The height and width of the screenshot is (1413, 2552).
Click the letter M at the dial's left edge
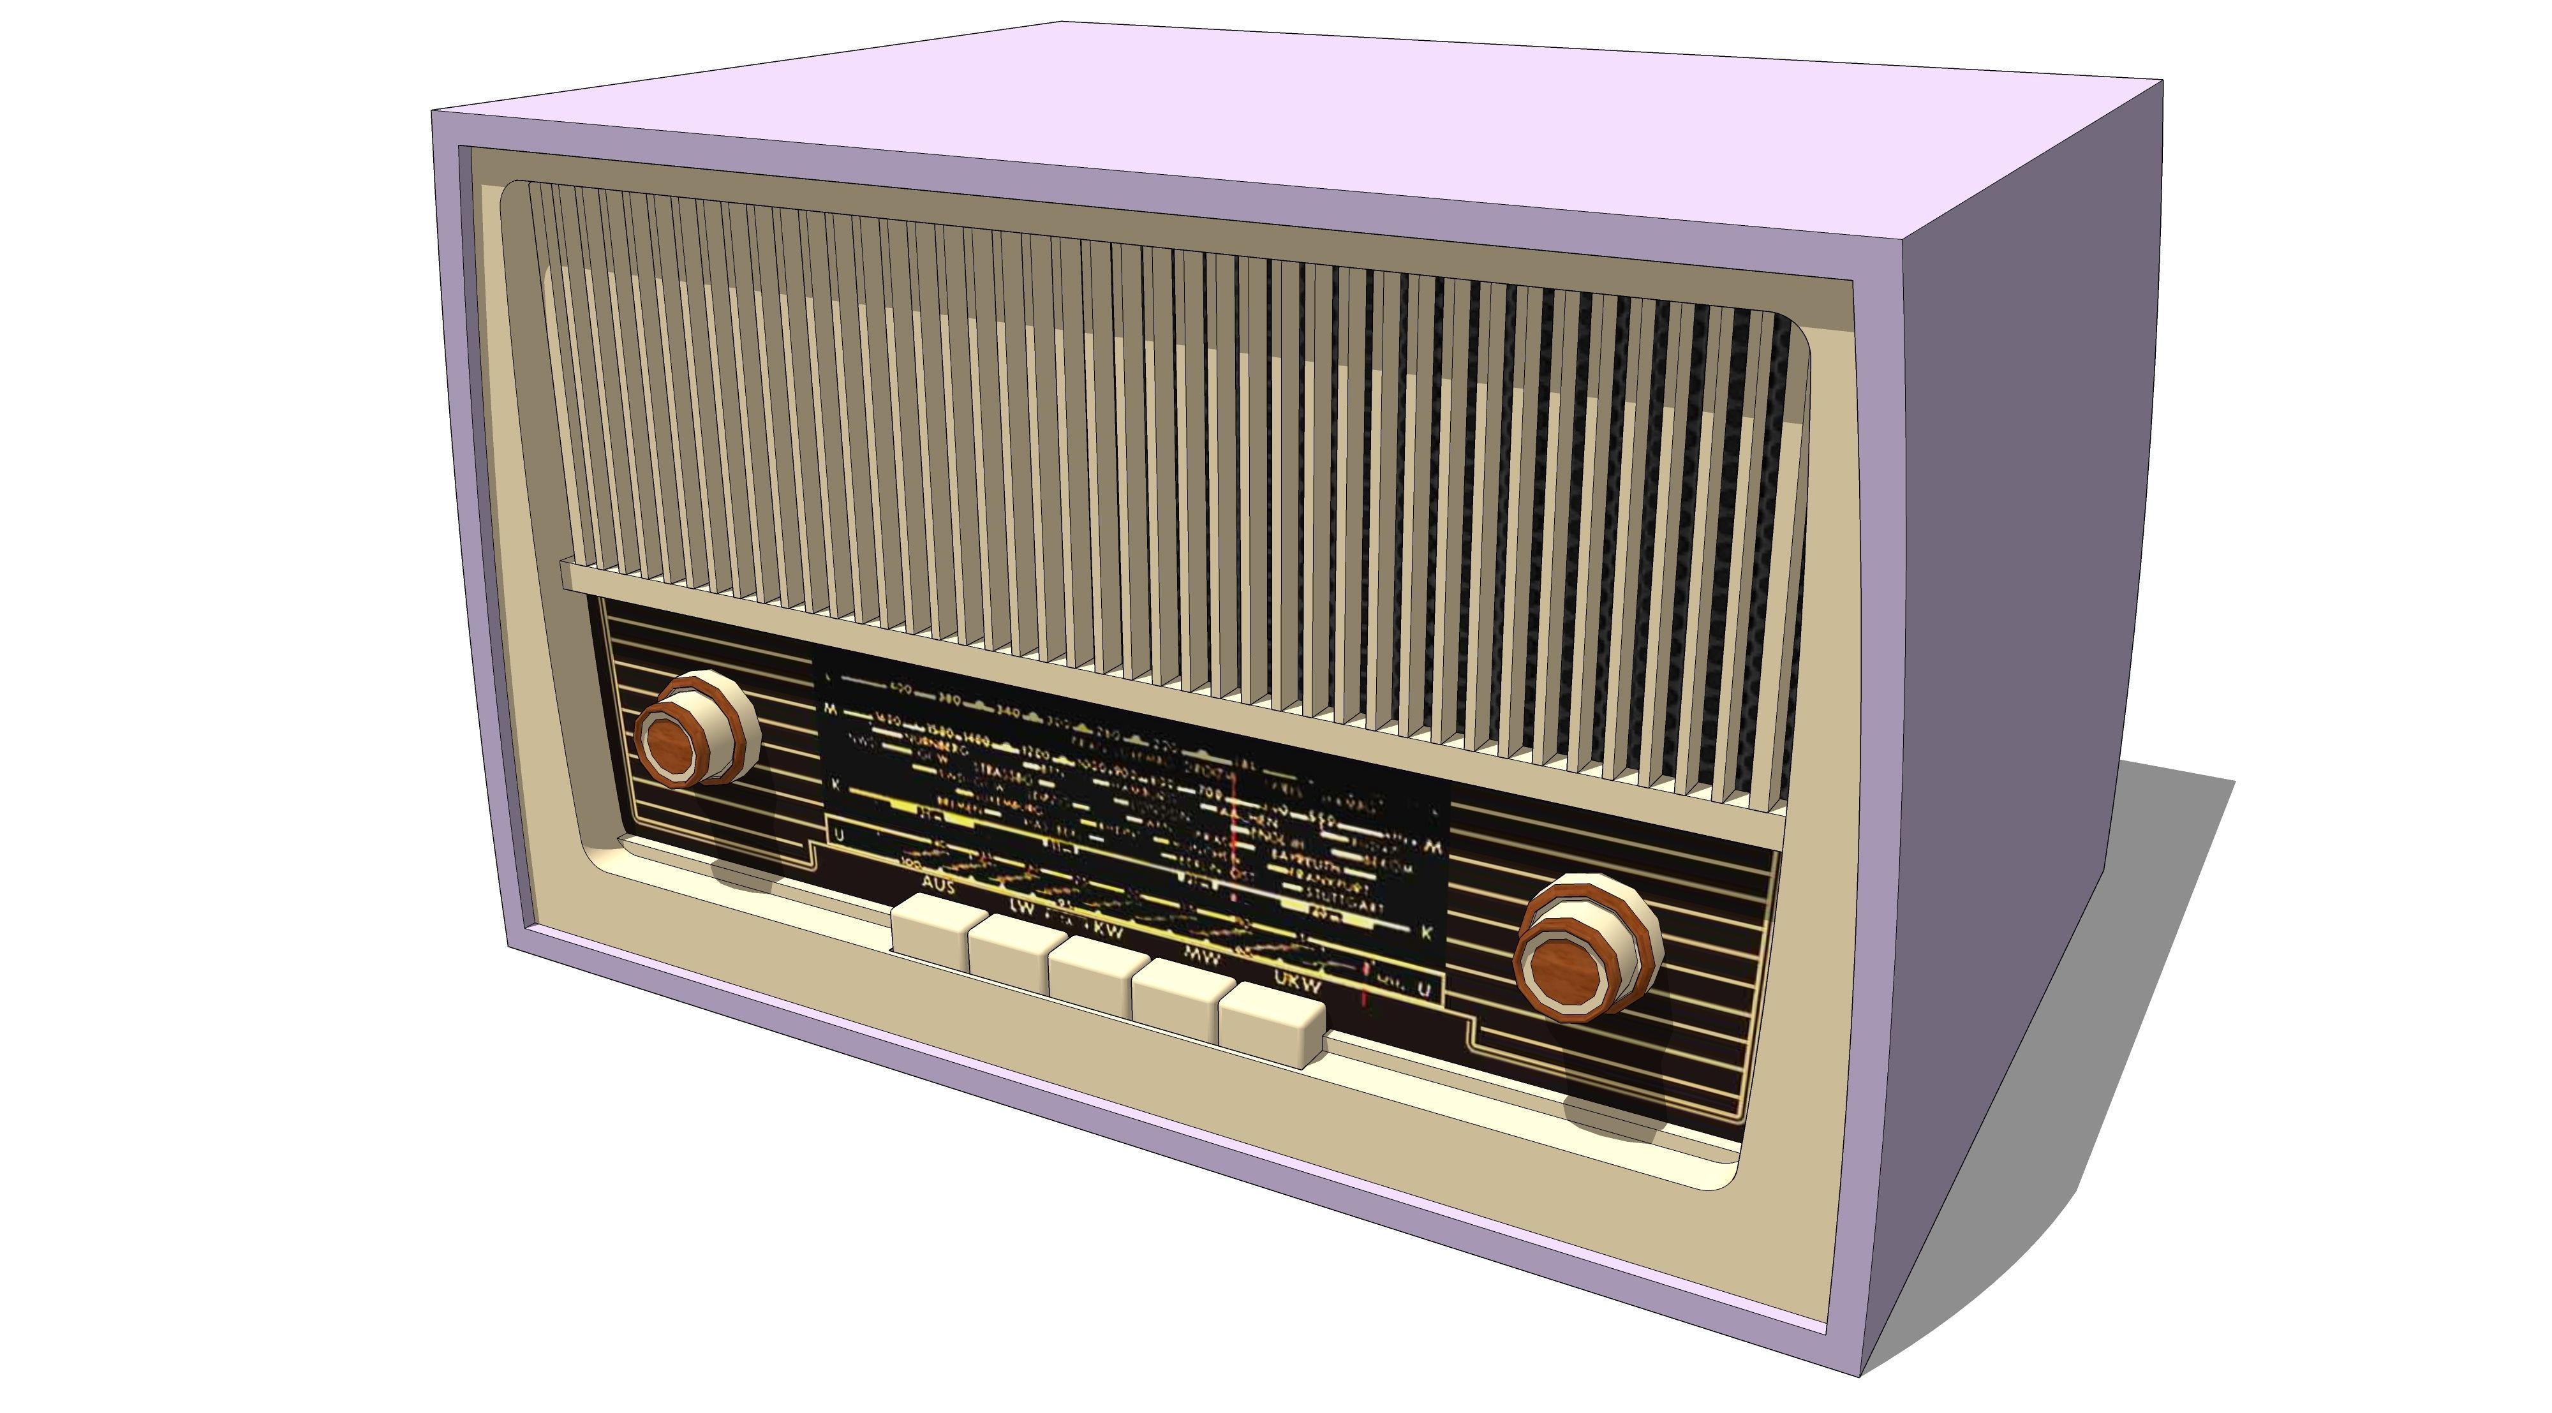click(x=830, y=709)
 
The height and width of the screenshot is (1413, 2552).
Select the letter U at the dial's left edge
click(x=839, y=835)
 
